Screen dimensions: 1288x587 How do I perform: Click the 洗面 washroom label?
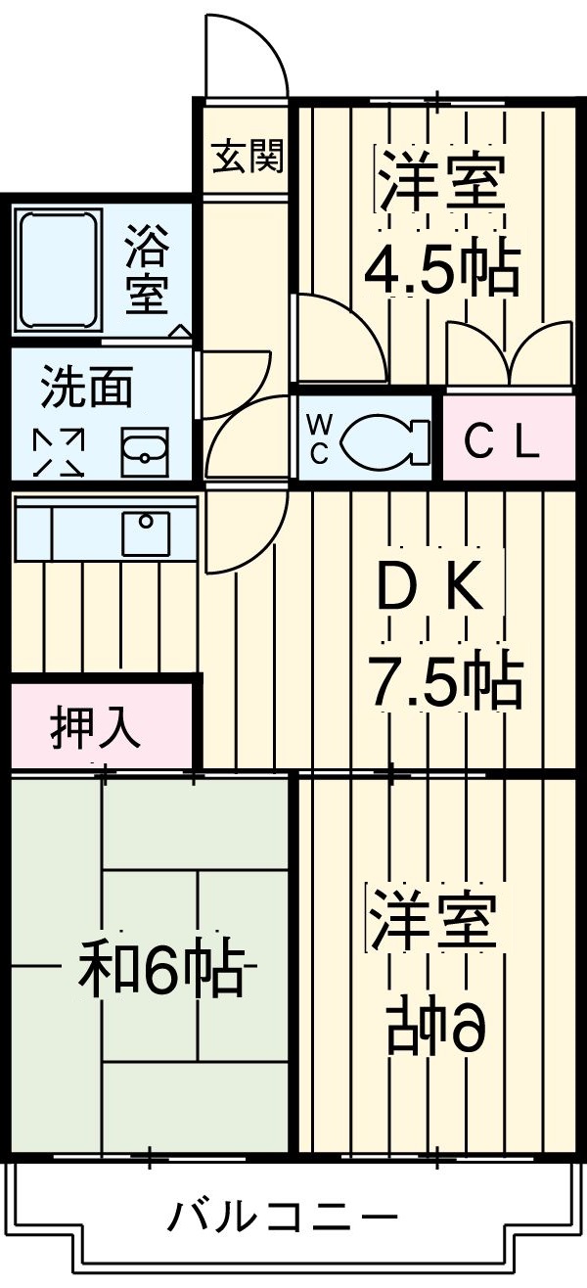coord(86,390)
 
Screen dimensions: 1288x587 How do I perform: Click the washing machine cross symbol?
coord(61,451)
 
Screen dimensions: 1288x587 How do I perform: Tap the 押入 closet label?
coord(97,728)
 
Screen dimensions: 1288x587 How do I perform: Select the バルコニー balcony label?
coord(284,1218)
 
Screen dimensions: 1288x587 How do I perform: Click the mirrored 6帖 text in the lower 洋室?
coord(436,1025)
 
